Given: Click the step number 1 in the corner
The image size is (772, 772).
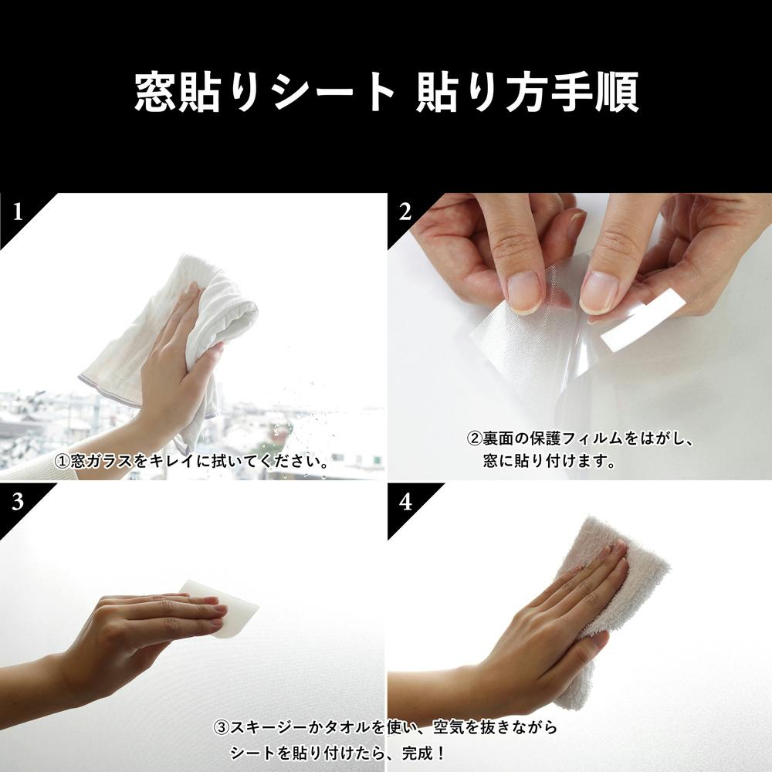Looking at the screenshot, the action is (x=19, y=212).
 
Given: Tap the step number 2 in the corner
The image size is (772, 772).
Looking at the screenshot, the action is (x=405, y=212).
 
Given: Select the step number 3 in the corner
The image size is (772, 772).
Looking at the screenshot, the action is (x=18, y=502).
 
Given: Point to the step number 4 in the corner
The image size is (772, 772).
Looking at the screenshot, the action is (x=406, y=502).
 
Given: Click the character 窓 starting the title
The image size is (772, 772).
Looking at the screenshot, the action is (x=156, y=92).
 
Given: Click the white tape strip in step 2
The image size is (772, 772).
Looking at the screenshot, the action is (x=644, y=320).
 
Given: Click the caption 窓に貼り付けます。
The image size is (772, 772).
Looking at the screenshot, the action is (x=550, y=462).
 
